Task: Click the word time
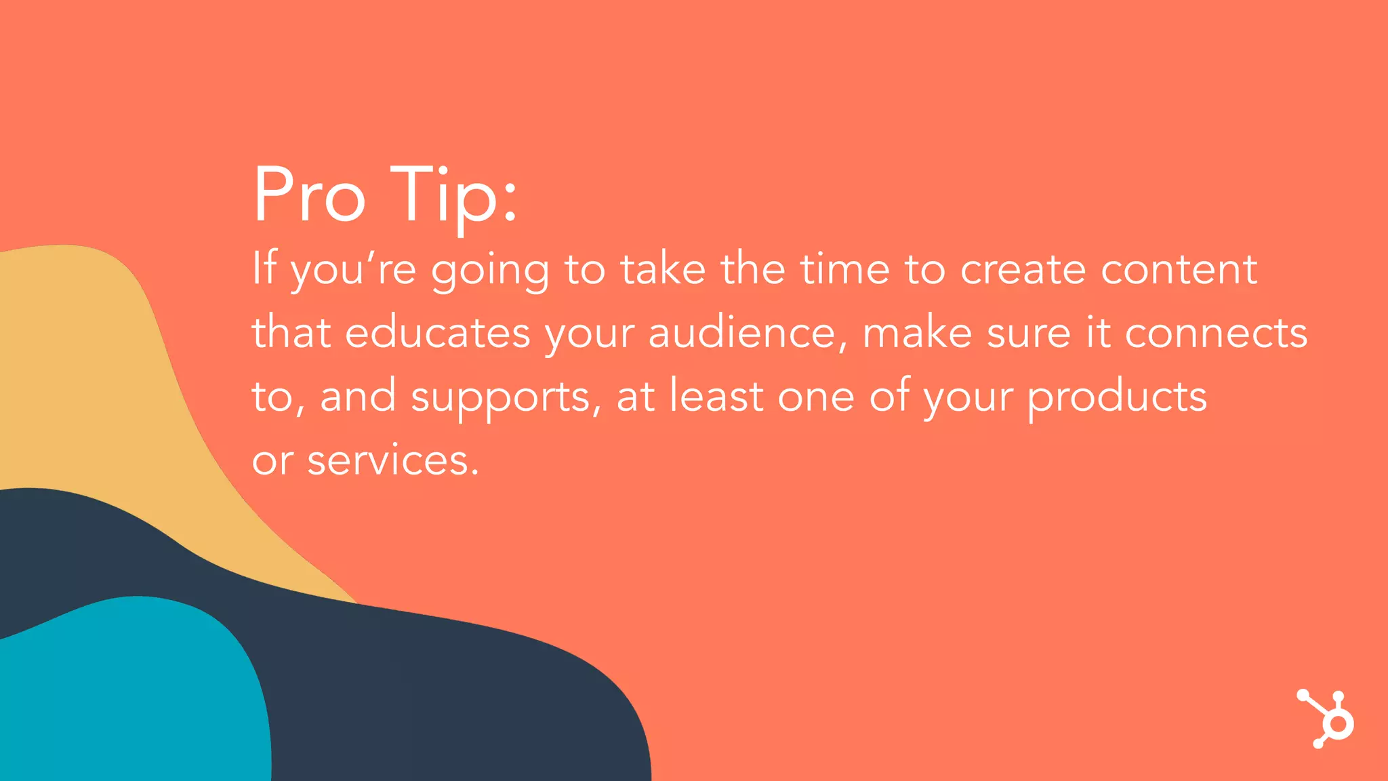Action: pos(844,268)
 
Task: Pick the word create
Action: pos(1023,269)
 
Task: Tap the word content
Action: pos(1179,269)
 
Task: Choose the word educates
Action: pos(438,332)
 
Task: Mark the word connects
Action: pos(1216,332)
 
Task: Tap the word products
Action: pos(1117,397)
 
